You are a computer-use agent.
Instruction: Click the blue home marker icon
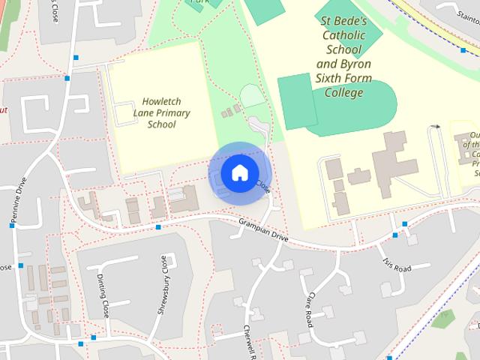coord(239,172)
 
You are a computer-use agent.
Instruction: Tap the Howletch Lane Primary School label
coord(161,112)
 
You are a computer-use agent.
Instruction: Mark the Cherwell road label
coord(250,341)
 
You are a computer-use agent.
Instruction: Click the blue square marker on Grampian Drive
coord(158,226)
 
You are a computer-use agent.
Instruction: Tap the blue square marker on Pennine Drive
coord(12,225)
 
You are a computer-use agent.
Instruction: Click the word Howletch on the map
coord(162,101)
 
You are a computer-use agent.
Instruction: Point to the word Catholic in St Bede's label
coord(343,35)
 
